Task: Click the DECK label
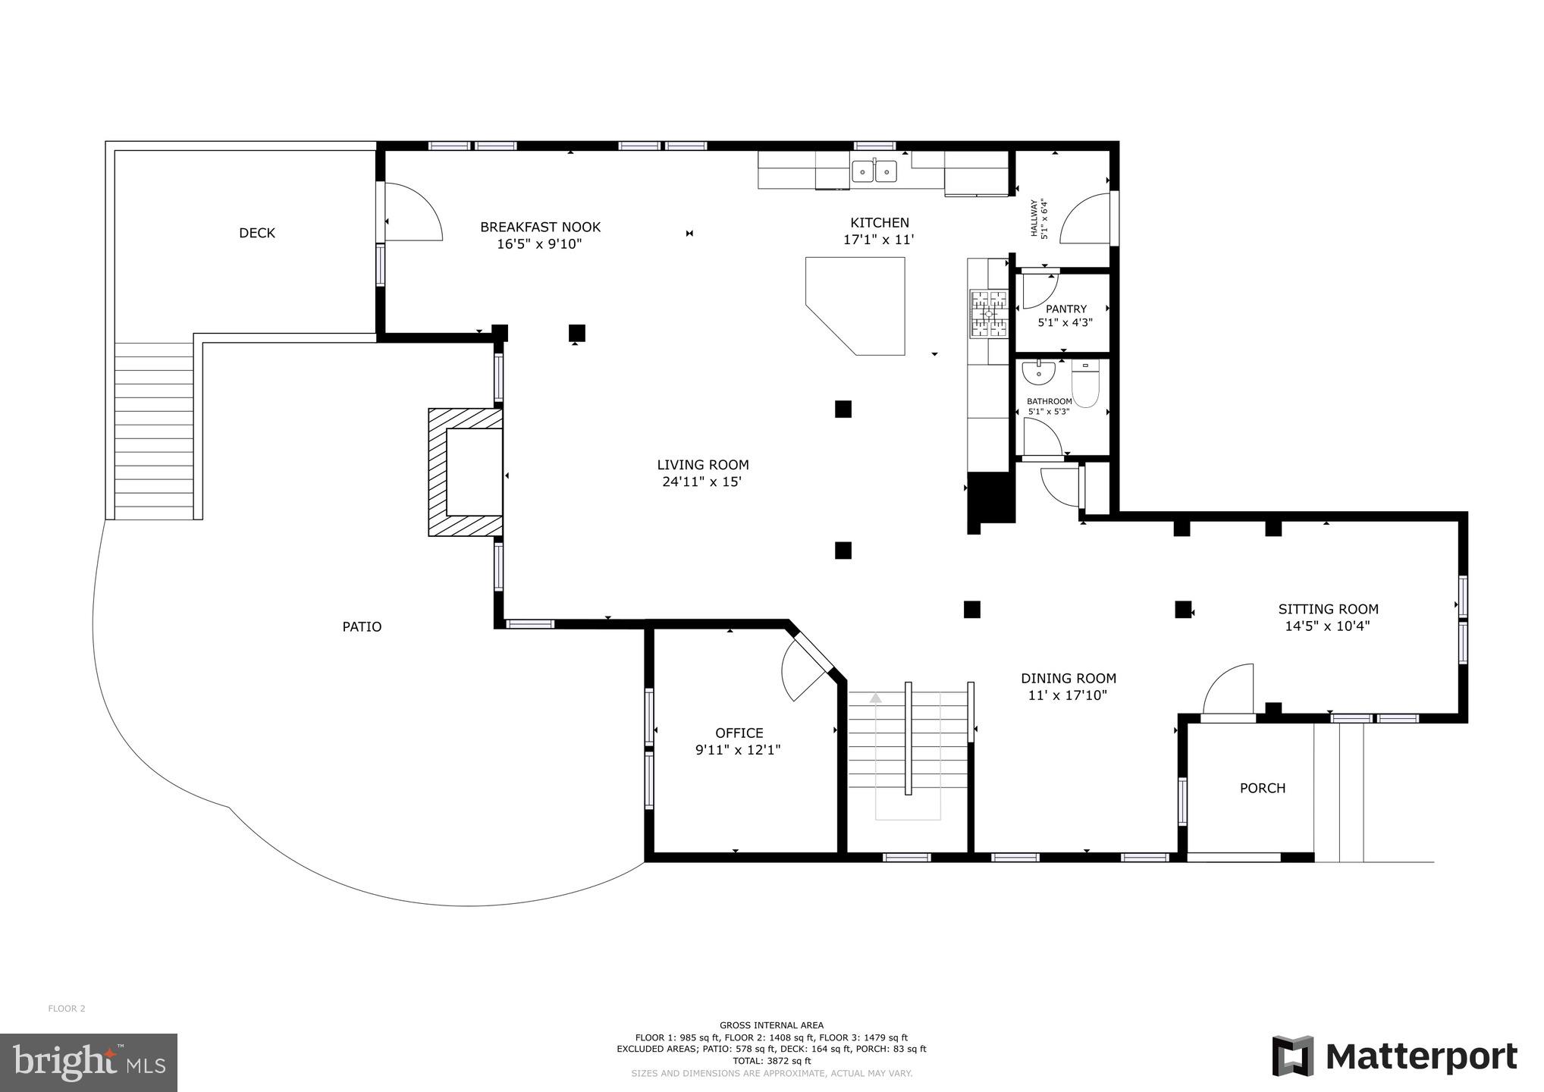pyautogui.click(x=257, y=234)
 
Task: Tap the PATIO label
pyautogui.click(x=362, y=627)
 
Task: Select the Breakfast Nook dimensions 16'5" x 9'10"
pyautogui.click(x=540, y=244)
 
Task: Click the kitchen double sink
pyautogui.click(x=874, y=171)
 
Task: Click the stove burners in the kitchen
pyautogui.click(x=988, y=313)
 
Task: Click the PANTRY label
pyautogui.click(x=1065, y=309)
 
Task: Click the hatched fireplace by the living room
pyautogui.click(x=464, y=472)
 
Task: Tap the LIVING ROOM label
pyautogui.click(x=702, y=466)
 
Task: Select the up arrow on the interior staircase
pyautogui.click(x=876, y=698)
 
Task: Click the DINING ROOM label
pyautogui.click(x=1068, y=679)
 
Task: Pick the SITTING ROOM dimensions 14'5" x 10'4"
pyautogui.click(x=1326, y=626)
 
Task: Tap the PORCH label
pyautogui.click(x=1262, y=789)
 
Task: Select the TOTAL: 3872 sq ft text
pyautogui.click(x=771, y=1061)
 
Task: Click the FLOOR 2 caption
pyautogui.click(x=67, y=1009)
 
